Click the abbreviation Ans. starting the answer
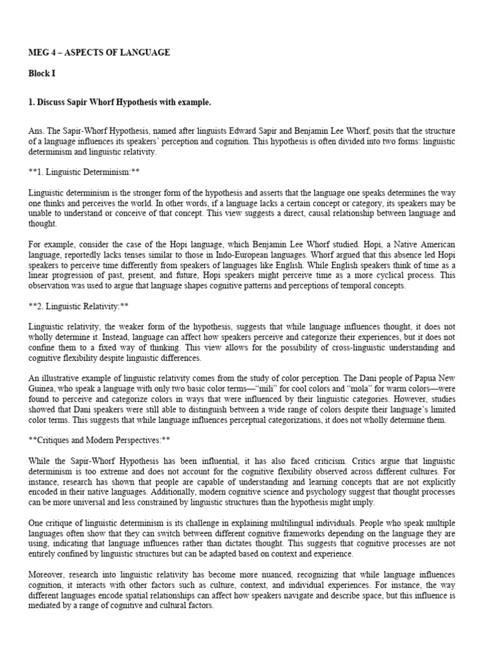pos(37,131)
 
